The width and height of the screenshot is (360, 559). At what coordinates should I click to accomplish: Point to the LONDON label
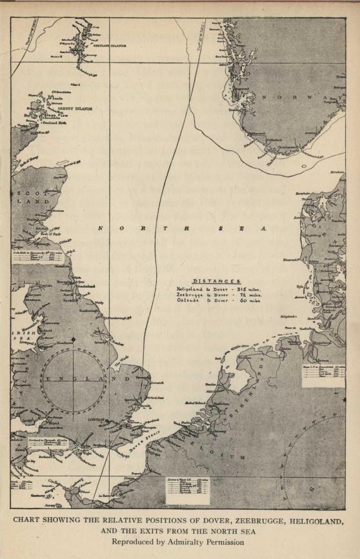95,419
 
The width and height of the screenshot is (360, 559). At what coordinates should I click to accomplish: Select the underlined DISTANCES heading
217,281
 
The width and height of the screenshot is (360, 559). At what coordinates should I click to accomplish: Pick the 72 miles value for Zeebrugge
248,295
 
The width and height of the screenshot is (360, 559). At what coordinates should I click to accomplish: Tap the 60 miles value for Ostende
248,301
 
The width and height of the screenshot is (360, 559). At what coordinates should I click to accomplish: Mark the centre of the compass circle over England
74,379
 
